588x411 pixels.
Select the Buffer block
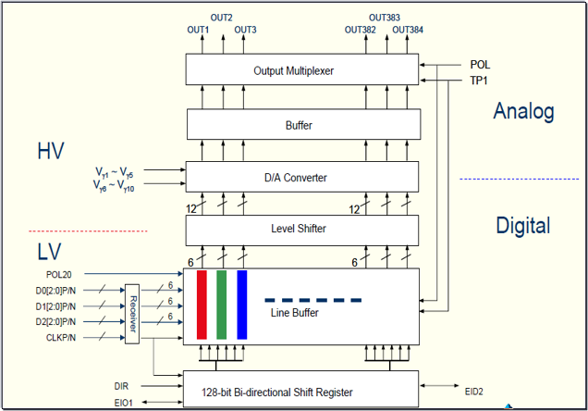[301, 123]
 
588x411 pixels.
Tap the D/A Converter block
[301, 176]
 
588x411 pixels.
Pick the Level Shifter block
[301, 229]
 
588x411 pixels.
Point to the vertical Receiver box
[132, 314]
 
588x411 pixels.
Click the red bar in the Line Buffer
[202, 305]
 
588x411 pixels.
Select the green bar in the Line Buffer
[222, 305]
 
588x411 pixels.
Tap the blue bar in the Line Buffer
[242, 305]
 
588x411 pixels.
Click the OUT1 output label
[199, 30]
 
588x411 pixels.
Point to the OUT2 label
[222, 18]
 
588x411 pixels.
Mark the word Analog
[523, 112]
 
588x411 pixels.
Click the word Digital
[523, 225]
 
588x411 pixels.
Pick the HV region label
[51, 151]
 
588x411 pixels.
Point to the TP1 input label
[480, 81]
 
